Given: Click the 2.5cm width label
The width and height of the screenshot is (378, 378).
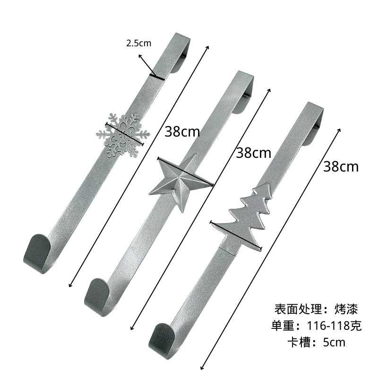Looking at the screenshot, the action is [139, 43].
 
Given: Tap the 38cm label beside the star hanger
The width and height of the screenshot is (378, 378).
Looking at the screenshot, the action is [254, 153].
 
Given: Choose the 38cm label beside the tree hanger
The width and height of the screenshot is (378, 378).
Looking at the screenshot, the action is [341, 166].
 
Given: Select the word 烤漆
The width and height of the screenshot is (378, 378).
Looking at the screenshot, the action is [345, 309].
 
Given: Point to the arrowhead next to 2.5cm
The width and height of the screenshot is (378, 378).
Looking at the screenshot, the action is [140, 56].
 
